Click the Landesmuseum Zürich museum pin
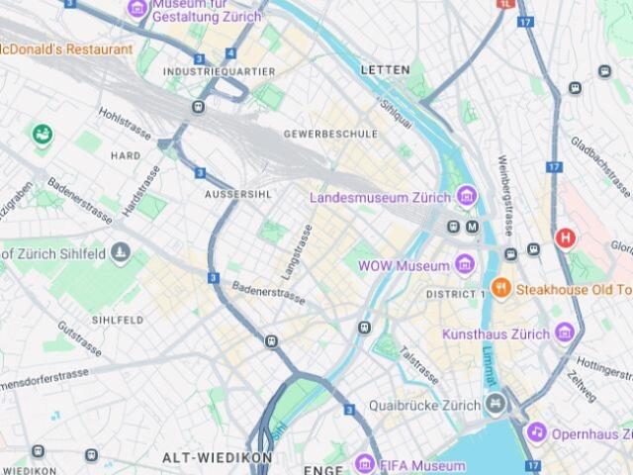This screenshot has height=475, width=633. click(x=467, y=197)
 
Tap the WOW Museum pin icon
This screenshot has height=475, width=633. click(x=465, y=265)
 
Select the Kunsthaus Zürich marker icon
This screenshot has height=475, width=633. click(x=564, y=333)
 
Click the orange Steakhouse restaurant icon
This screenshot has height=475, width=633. click(x=501, y=289)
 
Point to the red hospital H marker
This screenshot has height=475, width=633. click(x=565, y=237)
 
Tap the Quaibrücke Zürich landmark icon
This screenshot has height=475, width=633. click(x=495, y=404)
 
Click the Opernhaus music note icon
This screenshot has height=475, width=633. click(x=536, y=432)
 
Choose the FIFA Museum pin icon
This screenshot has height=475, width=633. click(x=365, y=464)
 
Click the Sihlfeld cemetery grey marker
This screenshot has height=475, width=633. click(x=121, y=254)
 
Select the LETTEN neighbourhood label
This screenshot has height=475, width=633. click(x=385, y=70)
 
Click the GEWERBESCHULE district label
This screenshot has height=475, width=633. click(x=330, y=134)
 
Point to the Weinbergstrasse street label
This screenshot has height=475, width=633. click(x=505, y=194)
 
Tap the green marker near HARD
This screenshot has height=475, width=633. click(x=42, y=134)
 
